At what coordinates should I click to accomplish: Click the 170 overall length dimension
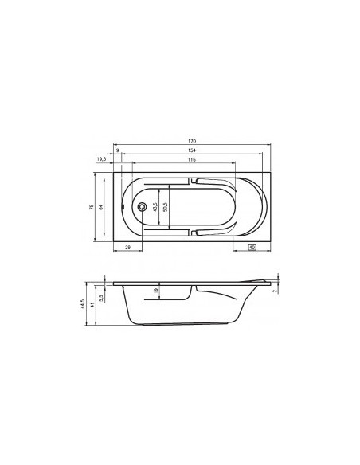tap(192, 141)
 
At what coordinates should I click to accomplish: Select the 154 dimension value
tap(192, 150)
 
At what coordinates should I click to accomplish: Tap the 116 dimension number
tap(192, 161)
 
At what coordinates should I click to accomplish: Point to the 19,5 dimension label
tap(101, 160)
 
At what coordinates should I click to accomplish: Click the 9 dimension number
tap(118, 150)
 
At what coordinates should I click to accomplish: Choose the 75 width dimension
tap(92, 206)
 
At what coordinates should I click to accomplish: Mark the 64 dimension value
tap(101, 206)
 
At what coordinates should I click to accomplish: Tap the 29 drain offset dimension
tap(127, 249)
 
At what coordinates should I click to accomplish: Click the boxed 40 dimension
tap(252, 248)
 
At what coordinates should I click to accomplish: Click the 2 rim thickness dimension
tap(275, 291)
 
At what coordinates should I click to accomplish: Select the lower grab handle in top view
tap(196, 233)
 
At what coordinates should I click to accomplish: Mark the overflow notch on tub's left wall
tap(121, 208)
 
